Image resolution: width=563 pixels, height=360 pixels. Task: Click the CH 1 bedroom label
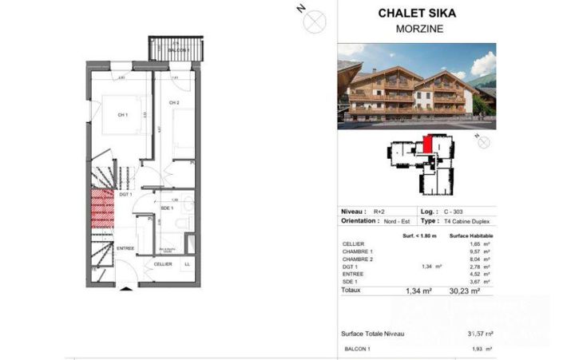(123, 115)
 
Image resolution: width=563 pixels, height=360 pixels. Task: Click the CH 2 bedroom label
(173, 104)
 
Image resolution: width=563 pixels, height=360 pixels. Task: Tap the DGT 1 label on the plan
(125, 194)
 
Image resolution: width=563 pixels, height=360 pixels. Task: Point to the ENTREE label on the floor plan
(126, 249)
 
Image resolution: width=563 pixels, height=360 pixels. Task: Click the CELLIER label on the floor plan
(163, 264)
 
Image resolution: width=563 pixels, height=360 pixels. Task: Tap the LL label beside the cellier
(187, 264)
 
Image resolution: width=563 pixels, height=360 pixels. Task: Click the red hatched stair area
(101, 207)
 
